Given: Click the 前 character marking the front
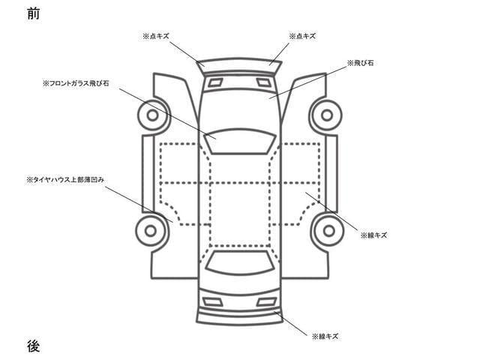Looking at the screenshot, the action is (33, 13).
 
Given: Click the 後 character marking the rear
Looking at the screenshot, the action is (33, 346).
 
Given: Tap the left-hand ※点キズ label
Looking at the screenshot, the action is (156, 36).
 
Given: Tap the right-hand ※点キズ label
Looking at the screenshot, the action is (302, 36).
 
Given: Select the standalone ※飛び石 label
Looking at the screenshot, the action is (360, 63).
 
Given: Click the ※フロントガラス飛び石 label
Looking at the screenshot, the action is (76, 83).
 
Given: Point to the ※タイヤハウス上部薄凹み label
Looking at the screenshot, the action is (65, 180).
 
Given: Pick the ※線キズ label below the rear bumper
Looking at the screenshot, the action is (325, 337).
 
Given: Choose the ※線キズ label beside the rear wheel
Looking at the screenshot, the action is (373, 235).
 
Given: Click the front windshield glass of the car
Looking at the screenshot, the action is (240, 141).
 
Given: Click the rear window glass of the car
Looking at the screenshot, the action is (240, 262).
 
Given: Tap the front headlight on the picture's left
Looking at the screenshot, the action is (215, 82).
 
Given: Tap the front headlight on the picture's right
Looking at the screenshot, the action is (264, 82).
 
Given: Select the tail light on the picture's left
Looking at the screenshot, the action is (213, 301).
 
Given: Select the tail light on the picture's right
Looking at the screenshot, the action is (267, 301).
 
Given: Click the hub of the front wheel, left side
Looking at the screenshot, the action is (152, 115).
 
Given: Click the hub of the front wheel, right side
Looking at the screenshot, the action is (327, 115).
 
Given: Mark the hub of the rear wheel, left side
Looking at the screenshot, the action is (151, 231).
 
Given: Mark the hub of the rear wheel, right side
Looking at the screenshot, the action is (329, 231).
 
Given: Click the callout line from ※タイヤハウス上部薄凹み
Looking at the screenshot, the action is (139, 204).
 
